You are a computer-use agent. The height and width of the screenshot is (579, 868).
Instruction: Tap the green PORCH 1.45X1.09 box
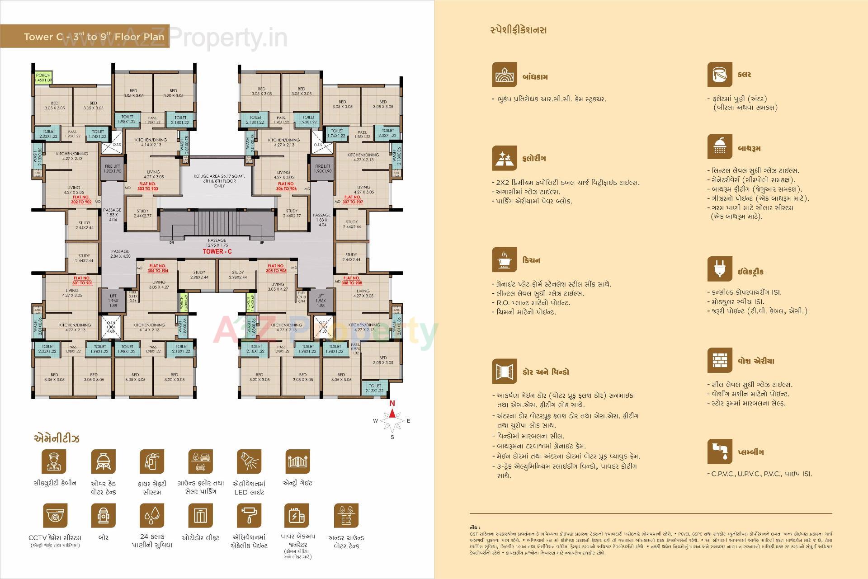pyautogui.click(x=43, y=77)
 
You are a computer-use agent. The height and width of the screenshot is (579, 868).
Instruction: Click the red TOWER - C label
pyautogui.click(x=217, y=251)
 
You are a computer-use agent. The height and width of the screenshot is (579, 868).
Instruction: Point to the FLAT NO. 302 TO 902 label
pyautogui.click(x=81, y=200)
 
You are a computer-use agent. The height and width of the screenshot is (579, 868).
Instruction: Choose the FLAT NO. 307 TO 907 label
pyautogui.click(x=353, y=199)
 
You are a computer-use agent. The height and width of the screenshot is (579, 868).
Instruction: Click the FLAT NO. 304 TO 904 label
pyautogui.click(x=158, y=268)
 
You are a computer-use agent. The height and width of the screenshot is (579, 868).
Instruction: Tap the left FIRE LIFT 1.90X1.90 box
pyautogui.click(x=113, y=169)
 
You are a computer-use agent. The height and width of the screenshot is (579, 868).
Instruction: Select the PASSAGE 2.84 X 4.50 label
pyautogui.click(x=120, y=254)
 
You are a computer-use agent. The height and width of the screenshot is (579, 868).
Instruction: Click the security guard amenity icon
pyautogui.click(x=54, y=461)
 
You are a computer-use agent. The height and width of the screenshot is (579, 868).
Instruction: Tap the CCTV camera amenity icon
pyautogui.click(x=55, y=516)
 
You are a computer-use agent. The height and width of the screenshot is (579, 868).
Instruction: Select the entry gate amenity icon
pyautogui.click(x=297, y=461)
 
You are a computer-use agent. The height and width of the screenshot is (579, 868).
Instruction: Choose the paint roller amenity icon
pyautogui.click(x=249, y=516)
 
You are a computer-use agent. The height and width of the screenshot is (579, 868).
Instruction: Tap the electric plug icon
pyautogui.click(x=720, y=269)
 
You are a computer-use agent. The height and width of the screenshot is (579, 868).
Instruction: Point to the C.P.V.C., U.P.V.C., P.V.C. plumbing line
pyautogui.click(x=759, y=474)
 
